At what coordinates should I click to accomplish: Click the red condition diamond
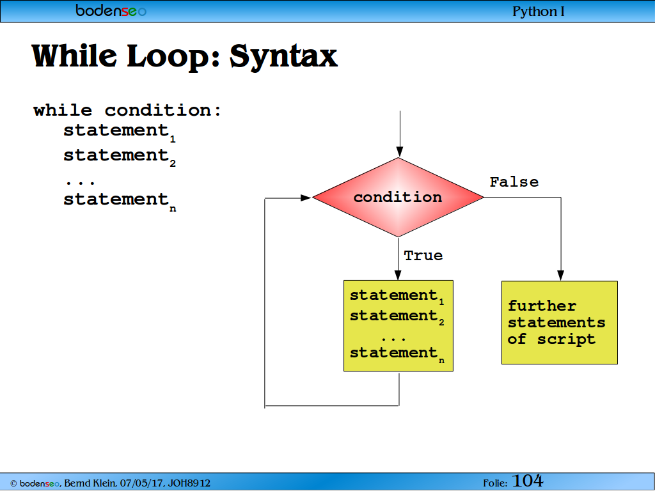coord(398,197)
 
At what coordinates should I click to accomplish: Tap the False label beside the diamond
coord(514,182)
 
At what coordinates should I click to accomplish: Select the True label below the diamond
coord(423,256)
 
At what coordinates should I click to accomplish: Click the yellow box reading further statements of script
coord(559,323)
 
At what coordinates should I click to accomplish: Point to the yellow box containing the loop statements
coord(398,325)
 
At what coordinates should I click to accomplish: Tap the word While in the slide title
coord(74,56)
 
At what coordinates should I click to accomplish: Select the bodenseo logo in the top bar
coord(111,11)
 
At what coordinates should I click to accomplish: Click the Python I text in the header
coord(539,12)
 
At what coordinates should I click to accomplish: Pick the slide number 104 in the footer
coord(528,481)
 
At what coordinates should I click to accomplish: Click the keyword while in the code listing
coord(63,111)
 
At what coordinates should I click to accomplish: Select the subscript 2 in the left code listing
coord(173,164)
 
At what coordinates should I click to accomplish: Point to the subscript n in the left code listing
coord(173,209)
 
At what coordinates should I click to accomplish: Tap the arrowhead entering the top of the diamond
coord(400,152)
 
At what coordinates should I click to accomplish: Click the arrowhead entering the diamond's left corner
coord(306,198)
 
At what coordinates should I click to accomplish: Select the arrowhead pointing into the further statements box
coord(560,275)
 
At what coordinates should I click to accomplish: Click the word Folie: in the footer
coord(495,483)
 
